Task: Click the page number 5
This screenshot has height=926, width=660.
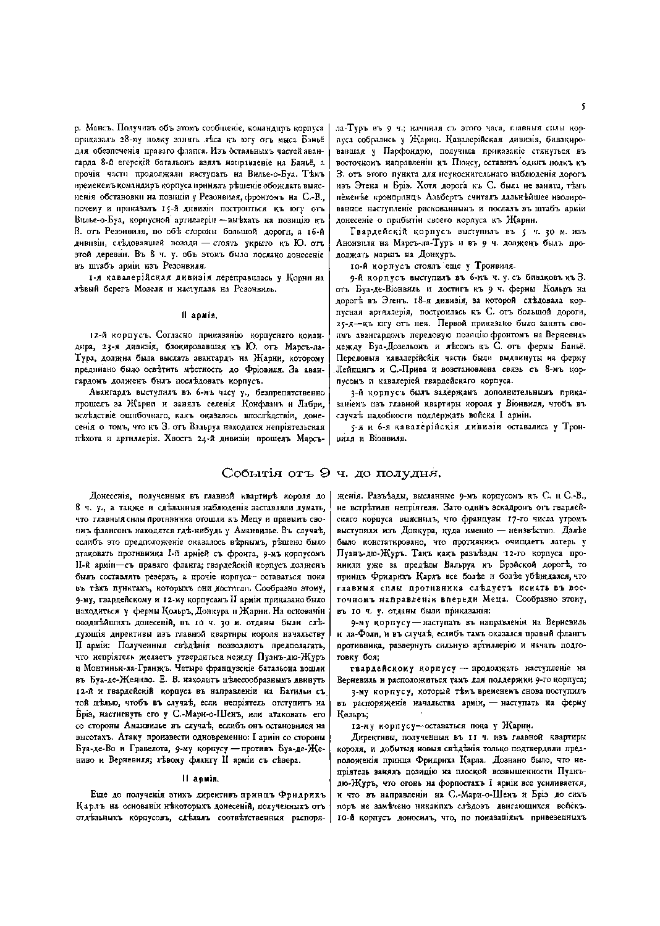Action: click(x=582, y=106)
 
